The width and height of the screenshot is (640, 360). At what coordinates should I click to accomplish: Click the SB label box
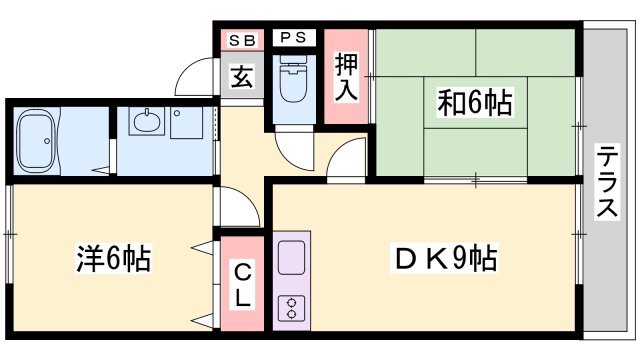tap(242, 40)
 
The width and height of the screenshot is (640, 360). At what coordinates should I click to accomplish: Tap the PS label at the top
tap(293, 39)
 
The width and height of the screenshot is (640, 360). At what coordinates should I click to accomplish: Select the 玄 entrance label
tap(243, 76)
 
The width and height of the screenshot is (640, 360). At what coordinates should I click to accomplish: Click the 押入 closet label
tap(346, 77)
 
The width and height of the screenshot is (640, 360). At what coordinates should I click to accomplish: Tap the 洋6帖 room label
tap(113, 260)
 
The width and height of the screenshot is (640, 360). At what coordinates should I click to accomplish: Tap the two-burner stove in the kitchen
tap(293, 307)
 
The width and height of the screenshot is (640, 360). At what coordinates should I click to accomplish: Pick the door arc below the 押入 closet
tap(347, 160)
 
